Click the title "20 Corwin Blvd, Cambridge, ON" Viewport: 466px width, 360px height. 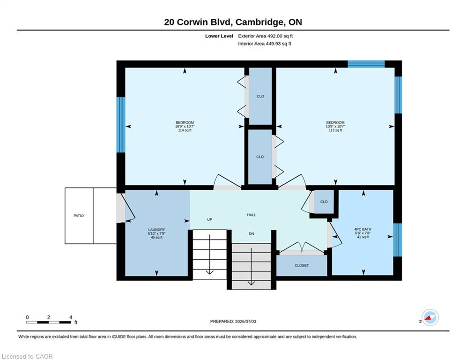233,22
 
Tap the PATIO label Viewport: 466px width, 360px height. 79,216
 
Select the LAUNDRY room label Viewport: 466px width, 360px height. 156,230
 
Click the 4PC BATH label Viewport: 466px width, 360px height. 362,229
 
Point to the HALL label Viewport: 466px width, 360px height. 251,215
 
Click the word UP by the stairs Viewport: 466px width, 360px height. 210,219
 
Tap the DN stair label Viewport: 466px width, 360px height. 251,234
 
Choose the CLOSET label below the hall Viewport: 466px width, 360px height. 302,265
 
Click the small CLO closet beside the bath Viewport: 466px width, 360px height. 324,202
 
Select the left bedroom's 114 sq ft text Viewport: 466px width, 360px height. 185,130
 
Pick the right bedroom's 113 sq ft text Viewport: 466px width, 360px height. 335,130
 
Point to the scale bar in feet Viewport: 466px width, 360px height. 49,322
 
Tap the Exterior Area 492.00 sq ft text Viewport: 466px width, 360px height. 266,36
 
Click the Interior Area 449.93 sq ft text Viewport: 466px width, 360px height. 265,44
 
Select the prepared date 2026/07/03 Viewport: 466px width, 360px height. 245,321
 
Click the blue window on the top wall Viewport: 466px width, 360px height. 366,64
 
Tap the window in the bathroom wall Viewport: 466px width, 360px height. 398,240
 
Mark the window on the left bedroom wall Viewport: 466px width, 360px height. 121,125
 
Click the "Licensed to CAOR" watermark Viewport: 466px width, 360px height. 27,356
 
